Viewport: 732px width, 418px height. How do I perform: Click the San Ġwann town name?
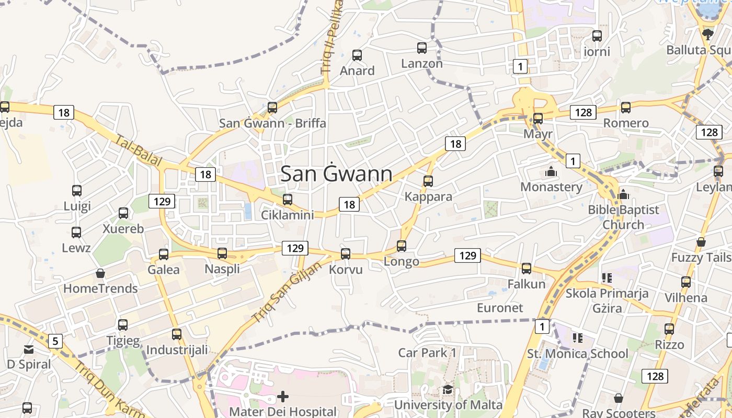point(336,174)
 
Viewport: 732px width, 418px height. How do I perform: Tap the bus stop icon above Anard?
point(357,55)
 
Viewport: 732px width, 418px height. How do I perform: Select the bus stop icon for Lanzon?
point(422,48)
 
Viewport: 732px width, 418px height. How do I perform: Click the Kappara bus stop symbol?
point(428,181)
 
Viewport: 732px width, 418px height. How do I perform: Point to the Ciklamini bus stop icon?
point(287,199)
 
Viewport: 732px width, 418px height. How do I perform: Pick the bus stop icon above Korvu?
point(346,254)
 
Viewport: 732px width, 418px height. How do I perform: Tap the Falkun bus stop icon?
point(527,269)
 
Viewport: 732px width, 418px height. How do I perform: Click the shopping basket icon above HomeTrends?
point(100,273)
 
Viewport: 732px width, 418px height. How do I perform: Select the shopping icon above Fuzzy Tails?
point(701,242)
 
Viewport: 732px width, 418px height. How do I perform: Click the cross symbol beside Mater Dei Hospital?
point(283,397)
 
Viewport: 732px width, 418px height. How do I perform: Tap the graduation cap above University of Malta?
point(448,389)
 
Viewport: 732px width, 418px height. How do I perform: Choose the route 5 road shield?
point(55,342)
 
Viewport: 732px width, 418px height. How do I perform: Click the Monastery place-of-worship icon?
point(551,171)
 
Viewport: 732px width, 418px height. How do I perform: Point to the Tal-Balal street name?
point(139,151)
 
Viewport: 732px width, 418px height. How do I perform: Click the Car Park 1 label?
point(427,353)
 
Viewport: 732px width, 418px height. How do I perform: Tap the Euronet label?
point(500,308)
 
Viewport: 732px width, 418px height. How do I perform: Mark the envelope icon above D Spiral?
point(28,349)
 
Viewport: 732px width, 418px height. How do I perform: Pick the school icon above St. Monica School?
point(577,338)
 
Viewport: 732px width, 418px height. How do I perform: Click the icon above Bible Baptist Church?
point(623,195)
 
